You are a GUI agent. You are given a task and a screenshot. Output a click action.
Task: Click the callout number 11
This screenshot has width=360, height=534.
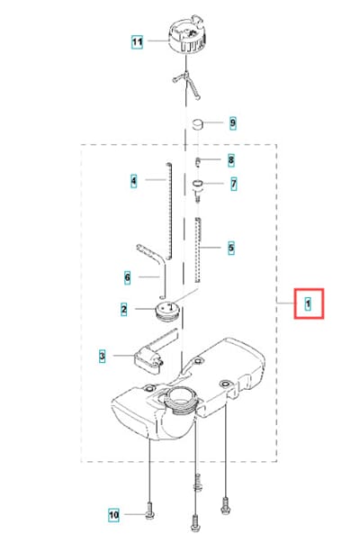pos(137,42)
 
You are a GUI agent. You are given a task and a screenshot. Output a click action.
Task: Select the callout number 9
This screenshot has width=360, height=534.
pos(233,123)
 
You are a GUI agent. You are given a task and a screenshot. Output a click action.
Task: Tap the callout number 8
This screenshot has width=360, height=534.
pos(231,159)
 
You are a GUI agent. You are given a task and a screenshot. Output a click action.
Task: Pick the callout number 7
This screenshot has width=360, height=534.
pos(233,184)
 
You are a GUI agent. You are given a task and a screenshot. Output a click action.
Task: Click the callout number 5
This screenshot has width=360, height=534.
pos(231,248)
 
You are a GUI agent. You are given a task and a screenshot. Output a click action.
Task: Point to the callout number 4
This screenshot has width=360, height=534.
pos(134,180)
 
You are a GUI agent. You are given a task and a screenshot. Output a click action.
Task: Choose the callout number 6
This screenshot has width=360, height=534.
pos(127,277)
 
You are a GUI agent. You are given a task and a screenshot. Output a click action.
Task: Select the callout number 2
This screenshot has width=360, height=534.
pos(124,309)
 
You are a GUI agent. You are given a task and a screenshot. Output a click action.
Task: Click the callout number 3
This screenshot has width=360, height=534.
pos(102,357)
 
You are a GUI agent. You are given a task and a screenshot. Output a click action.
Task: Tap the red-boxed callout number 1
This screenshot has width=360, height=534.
pos(309,303)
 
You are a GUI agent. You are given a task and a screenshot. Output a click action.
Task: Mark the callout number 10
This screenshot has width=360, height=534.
pos(114,514)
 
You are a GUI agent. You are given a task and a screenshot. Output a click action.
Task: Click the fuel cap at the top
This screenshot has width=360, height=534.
pos(187,36)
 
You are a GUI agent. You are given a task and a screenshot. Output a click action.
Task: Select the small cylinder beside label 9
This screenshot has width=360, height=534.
pos(198,124)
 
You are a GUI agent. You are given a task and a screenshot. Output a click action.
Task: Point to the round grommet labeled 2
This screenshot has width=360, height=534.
pos(168,312)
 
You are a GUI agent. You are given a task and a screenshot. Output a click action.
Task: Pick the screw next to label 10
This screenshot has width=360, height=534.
pos(149,511)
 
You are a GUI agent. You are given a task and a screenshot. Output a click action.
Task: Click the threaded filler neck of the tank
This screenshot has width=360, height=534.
pos(180,402)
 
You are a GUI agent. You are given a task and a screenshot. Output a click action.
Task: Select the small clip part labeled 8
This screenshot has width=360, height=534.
pos(198,162)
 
